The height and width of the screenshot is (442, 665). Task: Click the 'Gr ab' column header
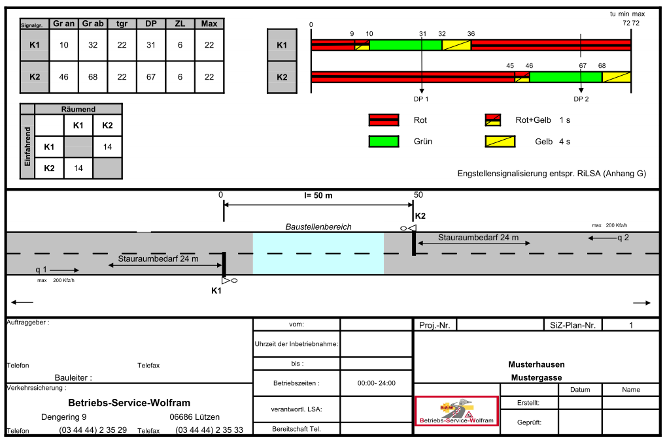[x=93, y=24]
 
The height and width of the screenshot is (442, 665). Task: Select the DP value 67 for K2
[x=151, y=77]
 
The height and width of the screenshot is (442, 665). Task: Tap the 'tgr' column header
[x=122, y=24]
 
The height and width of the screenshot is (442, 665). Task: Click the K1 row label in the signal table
[x=35, y=45]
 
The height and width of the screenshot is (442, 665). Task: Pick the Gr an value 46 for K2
[x=63, y=77]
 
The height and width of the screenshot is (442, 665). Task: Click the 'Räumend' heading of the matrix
[x=78, y=110]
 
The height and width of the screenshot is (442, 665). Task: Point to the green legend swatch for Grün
[x=384, y=141]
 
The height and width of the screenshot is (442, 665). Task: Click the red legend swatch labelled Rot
[x=384, y=120]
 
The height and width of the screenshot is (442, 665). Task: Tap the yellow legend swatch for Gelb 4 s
[x=500, y=141]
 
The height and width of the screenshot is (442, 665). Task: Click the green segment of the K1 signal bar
[x=405, y=45]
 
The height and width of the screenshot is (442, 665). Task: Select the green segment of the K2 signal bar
[x=566, y=77]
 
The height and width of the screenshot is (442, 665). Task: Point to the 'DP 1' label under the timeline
[x=422, y=99]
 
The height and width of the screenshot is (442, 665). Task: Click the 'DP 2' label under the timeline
[x=581, y=99]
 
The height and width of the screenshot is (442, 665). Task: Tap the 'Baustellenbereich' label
[x=318, y=227]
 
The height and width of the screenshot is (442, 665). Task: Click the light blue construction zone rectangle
[x=318, y=253]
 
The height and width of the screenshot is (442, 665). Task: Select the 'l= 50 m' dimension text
[x=318, y=195]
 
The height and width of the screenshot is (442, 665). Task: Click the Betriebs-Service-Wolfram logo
[x=456, y=411]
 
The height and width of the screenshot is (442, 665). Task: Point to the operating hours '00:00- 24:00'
[x=376, y=383]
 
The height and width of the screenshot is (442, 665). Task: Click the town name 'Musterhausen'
[x=536, y=364]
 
